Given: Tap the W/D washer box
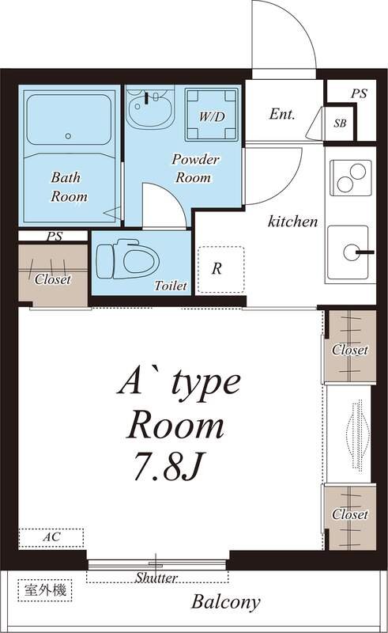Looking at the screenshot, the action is tap(211, 115).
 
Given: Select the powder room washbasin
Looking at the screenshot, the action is tap(149, 108).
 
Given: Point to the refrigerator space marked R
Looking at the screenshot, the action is tap(220, 269).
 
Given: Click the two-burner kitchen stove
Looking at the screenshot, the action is tap(351, 178).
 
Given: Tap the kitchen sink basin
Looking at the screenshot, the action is tap(348, 252).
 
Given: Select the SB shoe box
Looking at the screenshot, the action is tap(340, 123).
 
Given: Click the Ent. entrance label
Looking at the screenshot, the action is tap(282, 114).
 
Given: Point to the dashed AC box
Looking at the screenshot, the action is tap(51, 538).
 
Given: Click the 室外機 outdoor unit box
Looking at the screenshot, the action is tap(45, 590).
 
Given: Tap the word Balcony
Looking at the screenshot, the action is tap(225, 602).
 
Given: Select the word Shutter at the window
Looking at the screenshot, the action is tap(156, 578).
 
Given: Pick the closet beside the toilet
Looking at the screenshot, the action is tap(53, 275).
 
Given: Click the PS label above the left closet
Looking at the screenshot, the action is tap(54, 236).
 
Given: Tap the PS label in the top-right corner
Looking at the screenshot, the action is tap(359, 93).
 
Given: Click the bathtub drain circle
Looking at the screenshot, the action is tap(68, 136).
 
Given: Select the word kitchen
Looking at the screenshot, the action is tap(293, 222).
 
